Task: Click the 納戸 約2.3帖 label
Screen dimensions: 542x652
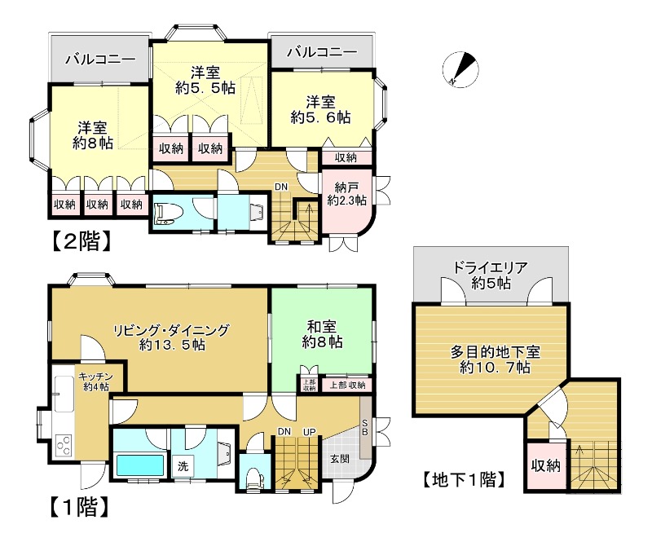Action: click(347, 193)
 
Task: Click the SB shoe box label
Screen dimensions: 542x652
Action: click(365, 429)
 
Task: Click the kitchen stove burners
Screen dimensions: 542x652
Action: click(62, 447)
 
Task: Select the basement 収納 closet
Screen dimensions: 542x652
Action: click(545, 466)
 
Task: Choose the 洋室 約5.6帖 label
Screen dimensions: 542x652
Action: click(321, 109)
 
